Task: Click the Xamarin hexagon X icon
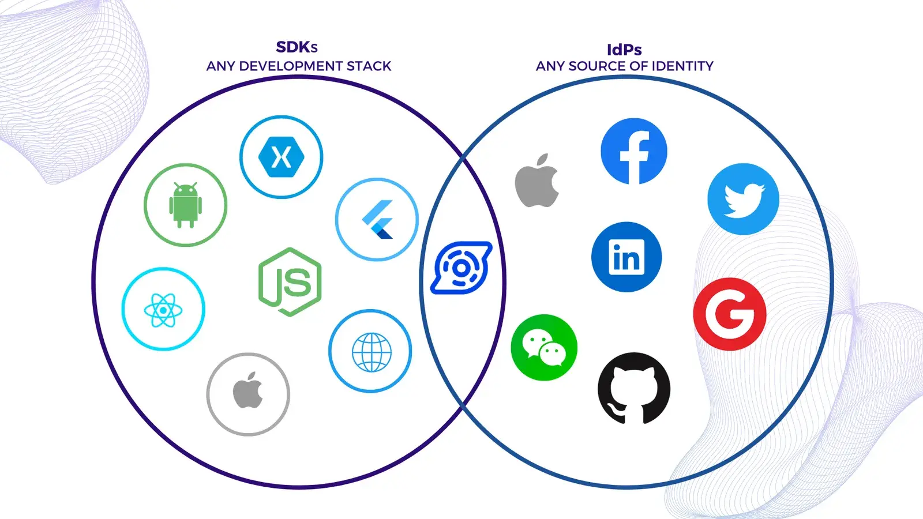[x=282, y=157]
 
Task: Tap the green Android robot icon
[x=185, y=205]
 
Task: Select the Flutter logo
[x=377, y=219]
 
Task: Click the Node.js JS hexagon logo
[x=290, y=282]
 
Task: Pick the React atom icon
[x=163, y=309]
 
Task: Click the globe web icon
[x=370, y=351]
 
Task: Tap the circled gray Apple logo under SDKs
[x=248, y=394]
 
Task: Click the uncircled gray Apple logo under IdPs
[x=537, y=180]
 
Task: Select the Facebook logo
[x=634, y=151]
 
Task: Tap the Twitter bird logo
[x=744, y=199]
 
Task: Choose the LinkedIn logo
[x=626, y=257]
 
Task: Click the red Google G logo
[x=730, y=314]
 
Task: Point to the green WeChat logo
[x=544, y=347]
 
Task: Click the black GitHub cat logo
[x=634, y=389]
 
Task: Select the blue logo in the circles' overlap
[x=461, y=268]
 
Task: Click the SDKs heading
[x=297, y=47]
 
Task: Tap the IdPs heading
[x=624, y=50]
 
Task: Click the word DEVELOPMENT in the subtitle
[x=291, y=66]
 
